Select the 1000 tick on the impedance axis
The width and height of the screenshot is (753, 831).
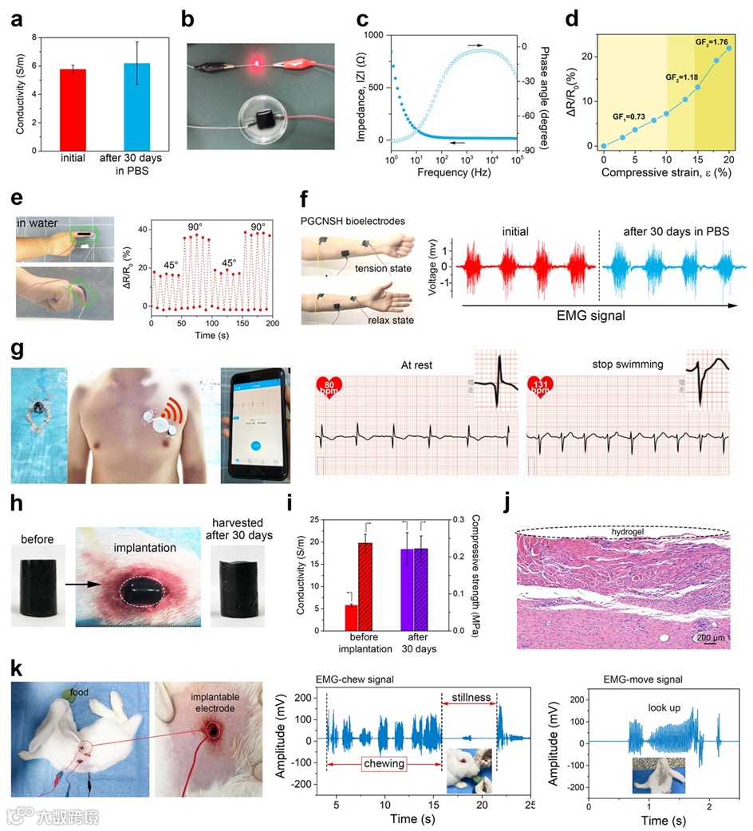(375, 35)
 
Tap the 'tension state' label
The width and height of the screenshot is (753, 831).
(383, 268)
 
